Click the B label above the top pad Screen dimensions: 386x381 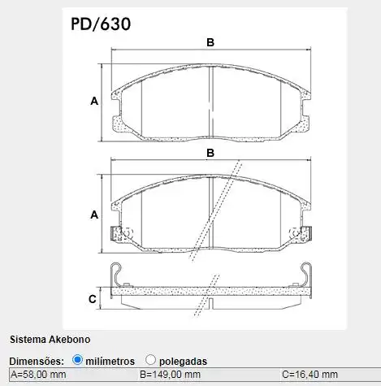click(210, 42)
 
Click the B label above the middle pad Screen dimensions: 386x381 click(210, 153)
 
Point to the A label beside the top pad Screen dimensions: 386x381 click(94, 102)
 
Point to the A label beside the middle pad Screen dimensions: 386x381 click(94, 215)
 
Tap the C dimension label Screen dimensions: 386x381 click(93, 299)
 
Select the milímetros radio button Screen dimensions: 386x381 click(78, 359)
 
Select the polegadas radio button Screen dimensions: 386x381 click(151, 359)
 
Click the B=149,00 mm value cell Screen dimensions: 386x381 click(171, 375)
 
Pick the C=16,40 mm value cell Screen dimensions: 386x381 click(313, 375)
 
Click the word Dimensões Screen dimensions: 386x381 click(36, 360)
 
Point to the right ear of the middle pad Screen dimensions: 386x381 click(301, 233)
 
